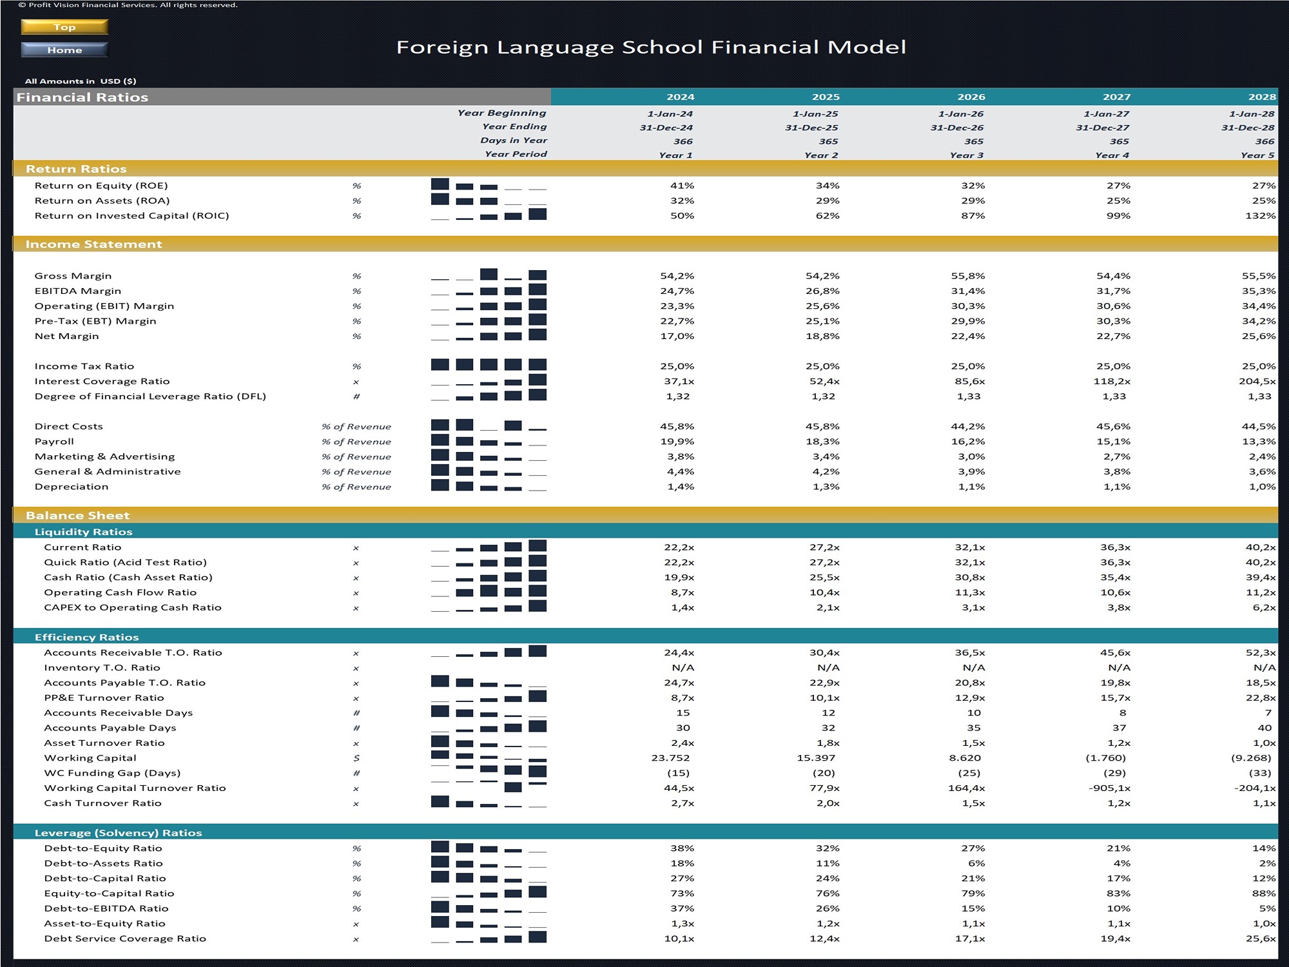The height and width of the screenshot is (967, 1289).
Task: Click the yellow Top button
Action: pyautogui.click(x=64, y=27)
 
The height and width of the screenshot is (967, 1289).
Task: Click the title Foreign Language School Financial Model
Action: pyautogui.click(x=651, y=47)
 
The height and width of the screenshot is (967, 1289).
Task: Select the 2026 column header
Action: pyautogui.click(x=971, y=97)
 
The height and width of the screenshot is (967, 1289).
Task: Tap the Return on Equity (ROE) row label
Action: pyautogui.click(x=101, y=186)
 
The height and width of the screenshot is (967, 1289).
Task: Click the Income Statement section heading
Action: pyautogui.click(x=94, y=244)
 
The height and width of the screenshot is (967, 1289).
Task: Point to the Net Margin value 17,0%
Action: pyautogui.click(x=677, y=336)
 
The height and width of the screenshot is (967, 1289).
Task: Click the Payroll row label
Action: pyautogui.click(x=54, y=442)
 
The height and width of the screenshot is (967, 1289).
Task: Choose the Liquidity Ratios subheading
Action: pyautogui.click(x=84, y=532)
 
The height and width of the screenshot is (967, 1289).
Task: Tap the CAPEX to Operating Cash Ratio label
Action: pyautogui.click(x=133, y=607)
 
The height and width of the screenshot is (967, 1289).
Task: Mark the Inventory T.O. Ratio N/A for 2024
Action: pyautogui.click(x=683, y=668)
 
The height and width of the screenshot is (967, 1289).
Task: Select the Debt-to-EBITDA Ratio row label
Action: pyautogui.click(x=106, y=908)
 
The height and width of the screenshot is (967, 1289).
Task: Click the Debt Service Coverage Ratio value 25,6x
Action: pyautogui.click(x=1261, y=939)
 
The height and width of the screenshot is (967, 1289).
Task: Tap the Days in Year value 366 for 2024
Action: pyautogui.click(x=683, y=141)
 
